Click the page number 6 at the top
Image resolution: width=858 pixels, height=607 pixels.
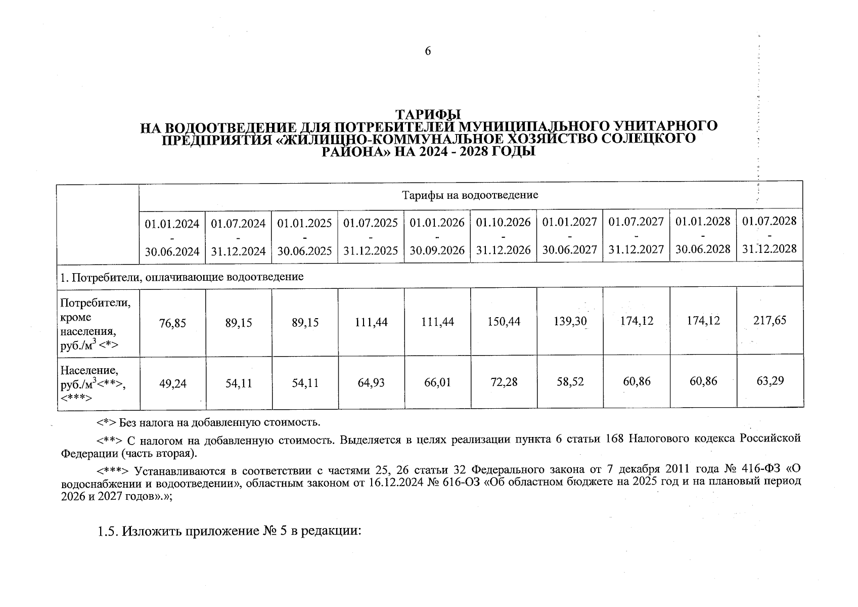point(428,51)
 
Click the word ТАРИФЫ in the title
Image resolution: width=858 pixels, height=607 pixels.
point(428,114)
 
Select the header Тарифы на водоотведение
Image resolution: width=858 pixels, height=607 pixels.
point(470,195)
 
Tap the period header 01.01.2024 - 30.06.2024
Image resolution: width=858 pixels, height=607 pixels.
point(172,236)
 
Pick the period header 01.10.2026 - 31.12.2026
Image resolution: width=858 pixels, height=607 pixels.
point(503,236)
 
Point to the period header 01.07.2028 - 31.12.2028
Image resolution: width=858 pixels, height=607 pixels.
point(769,235)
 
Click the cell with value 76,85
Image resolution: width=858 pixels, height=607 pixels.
point(172,322)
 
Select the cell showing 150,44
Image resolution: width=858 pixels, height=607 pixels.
point(504,321)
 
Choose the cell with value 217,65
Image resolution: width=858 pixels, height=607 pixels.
point(770,320)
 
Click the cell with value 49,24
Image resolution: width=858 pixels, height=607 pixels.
point(172,384)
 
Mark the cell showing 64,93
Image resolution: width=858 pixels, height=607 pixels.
point(371,383)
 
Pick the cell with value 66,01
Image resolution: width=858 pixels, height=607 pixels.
point(437,382)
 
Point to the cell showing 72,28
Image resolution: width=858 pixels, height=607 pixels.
point(504,382)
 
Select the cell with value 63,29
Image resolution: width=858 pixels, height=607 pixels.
point(770,380)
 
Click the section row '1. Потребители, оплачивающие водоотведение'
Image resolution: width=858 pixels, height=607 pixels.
point(182,277)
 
